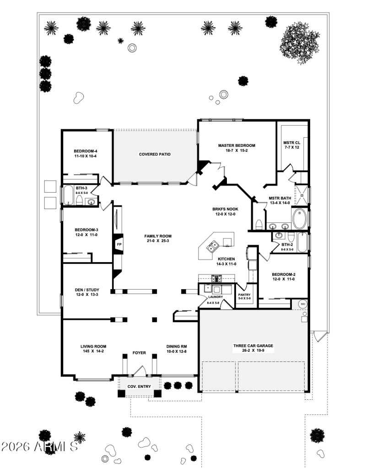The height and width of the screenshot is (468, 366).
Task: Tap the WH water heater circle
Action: click(x=303, y=304)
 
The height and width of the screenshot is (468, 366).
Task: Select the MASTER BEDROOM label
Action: click(x=237, y=145)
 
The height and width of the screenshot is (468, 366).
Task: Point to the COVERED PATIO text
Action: click(x=155, y=154)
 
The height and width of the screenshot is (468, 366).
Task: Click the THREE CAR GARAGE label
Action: click(x=253, y=346)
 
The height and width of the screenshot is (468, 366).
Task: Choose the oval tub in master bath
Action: click(x=301, y=219)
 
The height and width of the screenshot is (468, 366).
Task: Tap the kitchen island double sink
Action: click(x=213, y=247)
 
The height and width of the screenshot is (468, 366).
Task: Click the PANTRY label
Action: click(x=244, y=295)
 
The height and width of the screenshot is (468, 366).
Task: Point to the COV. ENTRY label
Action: click(x=139, y=387)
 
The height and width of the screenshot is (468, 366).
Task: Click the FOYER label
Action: click(x=139, y=353)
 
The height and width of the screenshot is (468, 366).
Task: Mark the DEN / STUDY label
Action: click(x=87, y=290)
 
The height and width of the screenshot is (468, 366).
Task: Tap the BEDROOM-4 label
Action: click(x=86, y=151)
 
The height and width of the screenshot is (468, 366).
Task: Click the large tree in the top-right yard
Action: click(x=300, y=41)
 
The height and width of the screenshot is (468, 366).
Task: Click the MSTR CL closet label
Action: click(x=291, y=143)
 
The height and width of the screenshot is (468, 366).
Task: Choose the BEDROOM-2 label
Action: click(x=284, y=274)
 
